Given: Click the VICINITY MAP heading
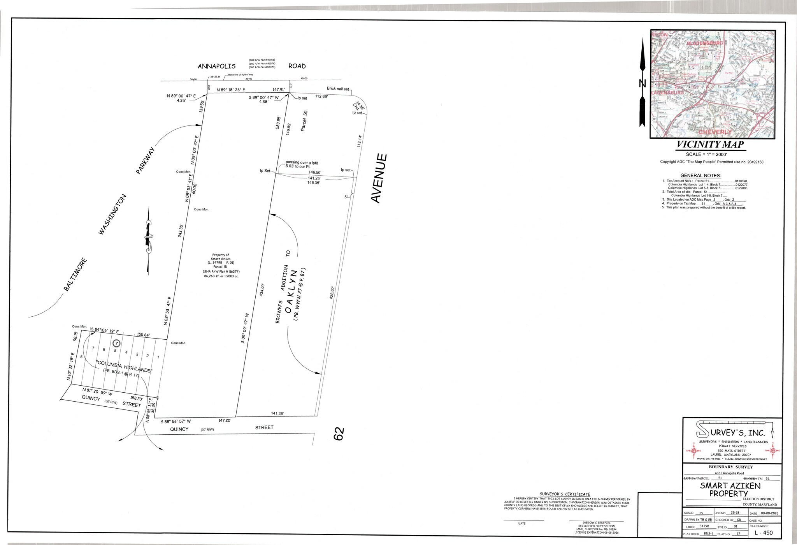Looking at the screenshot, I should tap(710, 145).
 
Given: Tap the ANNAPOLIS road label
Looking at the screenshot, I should tap(216, 66).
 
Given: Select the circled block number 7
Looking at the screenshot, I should tap(116, 343).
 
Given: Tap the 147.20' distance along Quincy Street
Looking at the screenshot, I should tap(225, 420).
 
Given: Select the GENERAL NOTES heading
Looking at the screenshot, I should tap(700, 175).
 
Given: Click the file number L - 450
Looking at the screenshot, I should tap(764, 533).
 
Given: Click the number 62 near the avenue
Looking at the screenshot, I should tap(339, 434).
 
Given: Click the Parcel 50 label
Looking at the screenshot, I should tap(305, 121).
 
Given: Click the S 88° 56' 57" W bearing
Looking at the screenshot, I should tap(176, 421).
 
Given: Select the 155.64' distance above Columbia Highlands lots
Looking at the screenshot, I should tap(144, 334).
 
